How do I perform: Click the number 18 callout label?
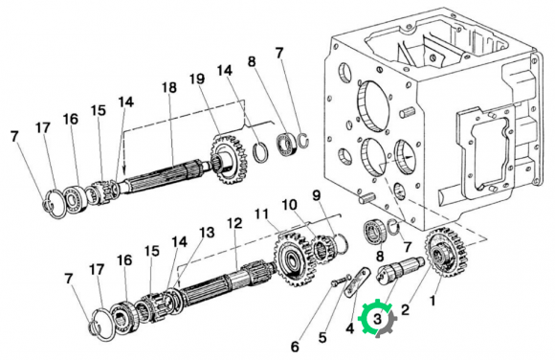[169, 87]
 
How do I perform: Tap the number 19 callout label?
[197, 79]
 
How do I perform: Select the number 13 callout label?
[207, 233]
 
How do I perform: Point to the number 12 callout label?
[234, 223]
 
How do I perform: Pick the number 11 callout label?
[262, 214]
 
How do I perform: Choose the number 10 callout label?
[289, 205]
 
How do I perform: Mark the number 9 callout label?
[316, 195]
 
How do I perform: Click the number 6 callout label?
[295, 347]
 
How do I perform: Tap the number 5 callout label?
[322, 337]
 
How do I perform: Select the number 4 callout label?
[349, 328]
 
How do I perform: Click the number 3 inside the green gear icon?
[377, 319]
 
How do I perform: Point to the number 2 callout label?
[406, 310]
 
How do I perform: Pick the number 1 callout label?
[433, 302]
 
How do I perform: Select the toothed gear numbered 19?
[230, 159]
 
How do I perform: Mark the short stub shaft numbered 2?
[400, 270]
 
